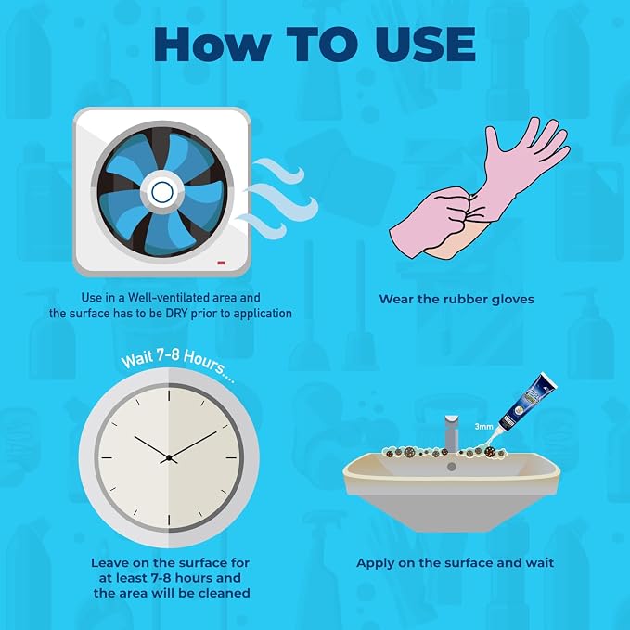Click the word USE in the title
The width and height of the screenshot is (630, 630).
pos(426,45)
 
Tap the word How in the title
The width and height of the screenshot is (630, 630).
pos(213,45)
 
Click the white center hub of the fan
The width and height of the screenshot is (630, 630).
pos(162,192)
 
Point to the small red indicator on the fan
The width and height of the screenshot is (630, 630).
pos(221,263)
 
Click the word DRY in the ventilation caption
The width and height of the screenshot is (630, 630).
pos(177,314)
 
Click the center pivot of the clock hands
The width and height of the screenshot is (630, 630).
pos(169,457)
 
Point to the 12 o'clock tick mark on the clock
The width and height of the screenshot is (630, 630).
pos(169,395)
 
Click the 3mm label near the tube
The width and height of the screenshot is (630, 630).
pos(483,426)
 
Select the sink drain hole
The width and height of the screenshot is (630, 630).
pos(452,467)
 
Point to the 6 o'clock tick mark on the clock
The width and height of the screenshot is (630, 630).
pos(169,520)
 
